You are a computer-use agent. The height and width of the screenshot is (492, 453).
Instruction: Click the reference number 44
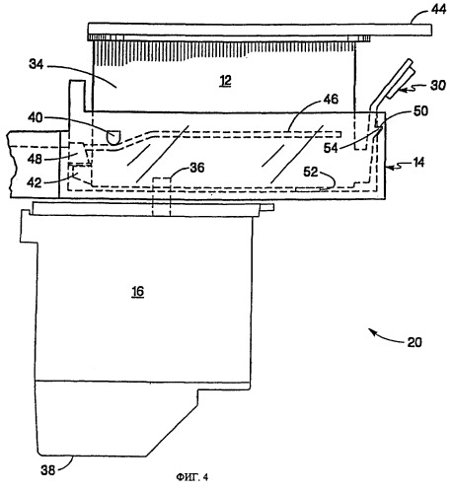(438, 9)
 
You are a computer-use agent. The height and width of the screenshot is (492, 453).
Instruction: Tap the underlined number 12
(226, 80)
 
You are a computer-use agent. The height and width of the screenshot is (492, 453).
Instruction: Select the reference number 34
(37, 64)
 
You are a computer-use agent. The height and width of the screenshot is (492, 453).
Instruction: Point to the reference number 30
(438, 85)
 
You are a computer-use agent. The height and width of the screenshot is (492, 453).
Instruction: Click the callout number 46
(331, 99)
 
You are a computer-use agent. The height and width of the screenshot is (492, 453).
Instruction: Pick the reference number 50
(420, 110)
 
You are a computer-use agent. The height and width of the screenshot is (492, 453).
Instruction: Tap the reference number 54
(331, 148)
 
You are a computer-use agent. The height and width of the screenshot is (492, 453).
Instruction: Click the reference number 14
(418, 163)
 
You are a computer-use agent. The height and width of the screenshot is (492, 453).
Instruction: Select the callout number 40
(36, 117)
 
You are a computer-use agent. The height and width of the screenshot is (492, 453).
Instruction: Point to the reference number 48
(35, 159)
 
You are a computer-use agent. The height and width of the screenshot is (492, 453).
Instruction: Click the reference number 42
(34, 182)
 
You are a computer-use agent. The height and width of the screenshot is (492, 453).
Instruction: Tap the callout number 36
(197, 168)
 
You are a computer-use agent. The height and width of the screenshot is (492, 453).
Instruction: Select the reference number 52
(310, 172)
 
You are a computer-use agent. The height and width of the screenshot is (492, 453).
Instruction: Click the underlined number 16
(138, 291)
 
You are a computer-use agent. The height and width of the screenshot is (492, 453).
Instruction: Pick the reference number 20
(415, 342)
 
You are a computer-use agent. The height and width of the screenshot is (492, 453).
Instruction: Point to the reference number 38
(47, 470)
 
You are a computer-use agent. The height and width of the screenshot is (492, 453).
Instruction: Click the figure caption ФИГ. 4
(192, 477)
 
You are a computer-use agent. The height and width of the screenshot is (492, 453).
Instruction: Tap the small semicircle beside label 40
(113, 137)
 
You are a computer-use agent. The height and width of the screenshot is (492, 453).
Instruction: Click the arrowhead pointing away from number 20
(371, 331)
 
